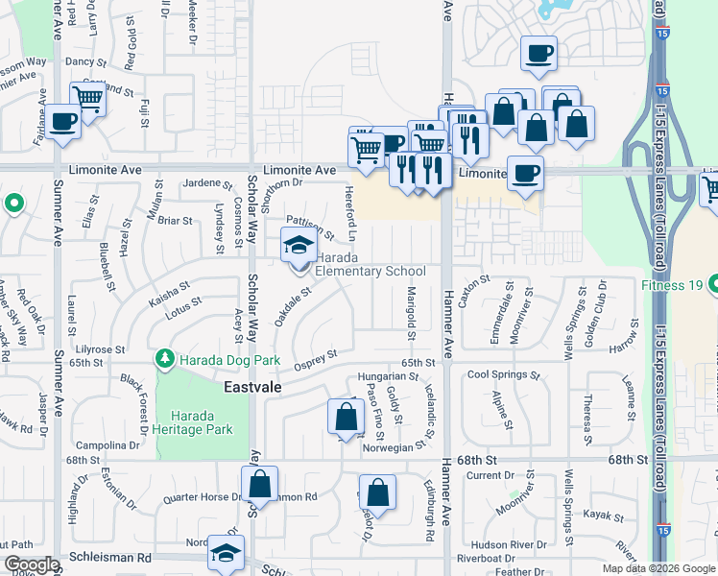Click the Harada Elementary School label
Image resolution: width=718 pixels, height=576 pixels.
pyautogui.click(x=371, y=264)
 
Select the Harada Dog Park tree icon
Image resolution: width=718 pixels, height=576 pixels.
pyautogui.click(x=164, y=360)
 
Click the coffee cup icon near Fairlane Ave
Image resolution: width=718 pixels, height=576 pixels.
pyautogui.click(x=64, y=123)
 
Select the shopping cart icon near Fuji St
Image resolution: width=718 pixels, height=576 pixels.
pyautogui.click(x=87, y=98)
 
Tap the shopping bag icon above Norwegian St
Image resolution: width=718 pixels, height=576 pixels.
pyautogui.click(x=346, y=418)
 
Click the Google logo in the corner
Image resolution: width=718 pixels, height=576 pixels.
pyautogui.click(x=31, y=565)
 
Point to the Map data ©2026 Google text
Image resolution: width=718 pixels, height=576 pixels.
pyautogui.click(x=658, y=568)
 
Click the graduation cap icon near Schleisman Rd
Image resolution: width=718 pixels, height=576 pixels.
pyautogui.click(x=227, y=554)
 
